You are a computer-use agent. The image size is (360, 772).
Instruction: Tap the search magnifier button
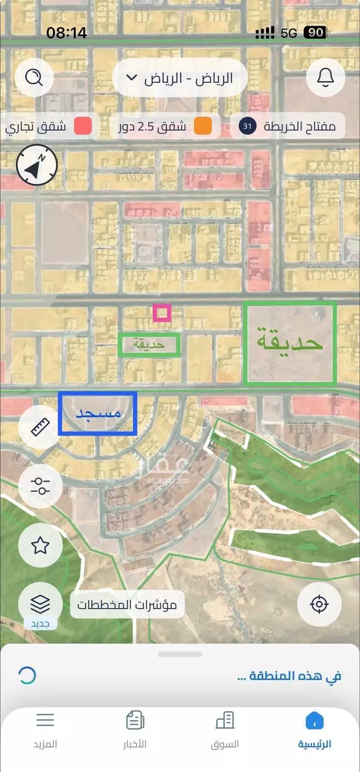click(34, 77)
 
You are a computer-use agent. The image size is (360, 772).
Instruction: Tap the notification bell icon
click(325, 77)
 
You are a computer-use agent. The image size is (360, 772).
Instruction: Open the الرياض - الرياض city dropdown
click(180, 78)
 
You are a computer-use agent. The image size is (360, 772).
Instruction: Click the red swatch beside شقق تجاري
click(83, 127)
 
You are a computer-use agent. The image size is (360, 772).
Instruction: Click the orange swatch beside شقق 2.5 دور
click(203, 127)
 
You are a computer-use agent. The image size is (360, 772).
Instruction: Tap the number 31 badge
click(247, 126)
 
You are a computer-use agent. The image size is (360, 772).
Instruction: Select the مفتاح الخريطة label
click(300, 126)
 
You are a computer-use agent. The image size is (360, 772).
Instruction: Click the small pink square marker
click(162, 313)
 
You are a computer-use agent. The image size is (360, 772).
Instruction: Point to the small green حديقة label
click(149, 345)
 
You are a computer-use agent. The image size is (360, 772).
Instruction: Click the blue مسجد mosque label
click(98, 413)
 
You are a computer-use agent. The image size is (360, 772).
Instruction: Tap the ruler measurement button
click(40, 427)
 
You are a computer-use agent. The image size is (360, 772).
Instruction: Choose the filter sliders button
click(40, 486)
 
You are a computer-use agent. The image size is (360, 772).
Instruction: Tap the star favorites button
click(40, 545)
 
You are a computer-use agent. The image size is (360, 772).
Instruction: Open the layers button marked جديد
click(40, 604)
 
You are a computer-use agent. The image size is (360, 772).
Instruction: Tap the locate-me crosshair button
click(319, 604)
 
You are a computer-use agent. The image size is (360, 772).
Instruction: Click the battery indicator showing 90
click(315, 33)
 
